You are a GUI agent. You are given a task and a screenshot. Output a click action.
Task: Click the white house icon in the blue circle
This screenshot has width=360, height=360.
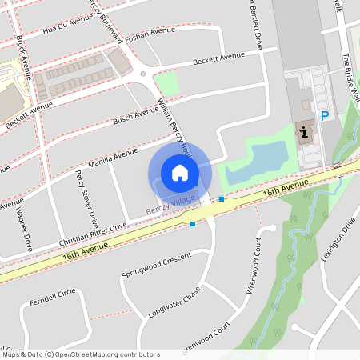point(179,172)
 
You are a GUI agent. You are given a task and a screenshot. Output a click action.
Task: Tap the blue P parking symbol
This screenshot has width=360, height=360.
point(325,116)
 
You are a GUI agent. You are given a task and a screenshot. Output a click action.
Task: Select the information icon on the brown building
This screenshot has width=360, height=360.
point(305,131)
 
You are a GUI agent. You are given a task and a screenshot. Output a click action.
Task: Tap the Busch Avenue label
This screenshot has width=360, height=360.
point(135,115)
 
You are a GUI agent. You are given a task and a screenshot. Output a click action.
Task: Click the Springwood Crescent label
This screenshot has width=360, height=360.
point(157,263)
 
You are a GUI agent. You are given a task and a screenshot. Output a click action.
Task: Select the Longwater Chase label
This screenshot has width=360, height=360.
point(174,303)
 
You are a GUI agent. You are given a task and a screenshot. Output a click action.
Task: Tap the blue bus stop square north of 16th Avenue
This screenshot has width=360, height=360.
point(222,198)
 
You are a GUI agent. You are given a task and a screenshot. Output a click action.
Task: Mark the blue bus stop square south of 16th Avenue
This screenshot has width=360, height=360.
point(193,224)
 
